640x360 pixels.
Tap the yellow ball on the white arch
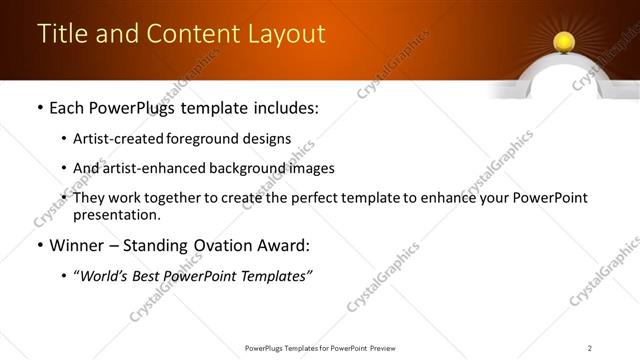tap(562, 41)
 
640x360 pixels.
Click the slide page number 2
tap(590, 348)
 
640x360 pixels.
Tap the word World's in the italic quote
tap(107, 277)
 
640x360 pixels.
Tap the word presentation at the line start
tap(116, 214)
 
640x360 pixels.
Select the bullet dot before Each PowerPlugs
tap(39, 107)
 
